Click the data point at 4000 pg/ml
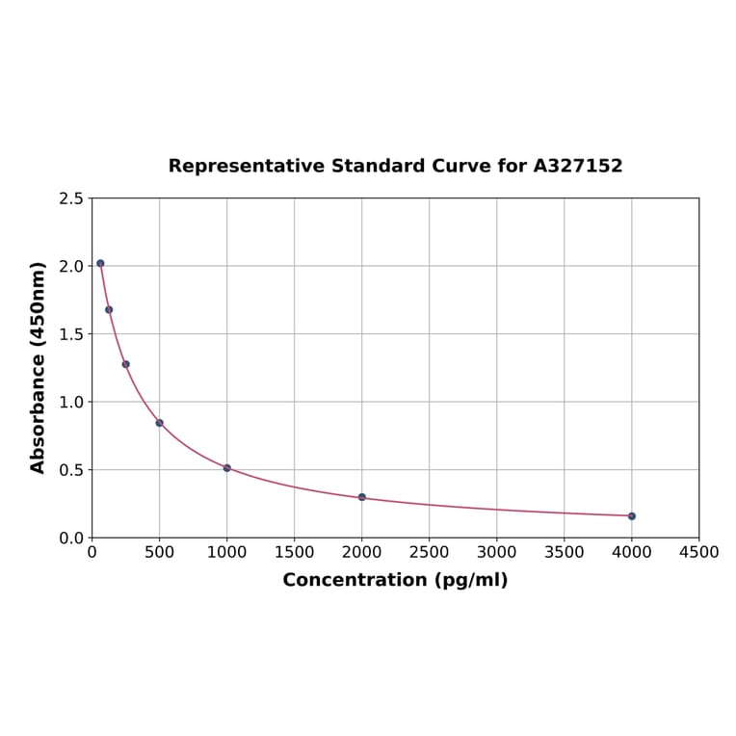pos(632,516)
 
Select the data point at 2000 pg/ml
pos(362,497)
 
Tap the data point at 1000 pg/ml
pos(227,468)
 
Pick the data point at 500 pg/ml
pos(160,423)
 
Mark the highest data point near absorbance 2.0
pos(100,263)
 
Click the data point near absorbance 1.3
pos(126,364)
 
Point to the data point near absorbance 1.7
pos(109,309)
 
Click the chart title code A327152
pos(578,166)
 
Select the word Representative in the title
pos(247,166)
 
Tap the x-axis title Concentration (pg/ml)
pos(395,580)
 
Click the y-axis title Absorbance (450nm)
pos(39,367)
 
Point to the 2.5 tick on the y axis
pos(71,198)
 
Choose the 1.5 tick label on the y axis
pos(71,334)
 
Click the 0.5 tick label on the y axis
pos(71,470)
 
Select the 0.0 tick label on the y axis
pos(71,538)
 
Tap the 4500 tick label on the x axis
pos(698,552)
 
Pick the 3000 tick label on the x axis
pos(496,552)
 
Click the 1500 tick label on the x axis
pos(294,552)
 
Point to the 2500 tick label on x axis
pos(429,552)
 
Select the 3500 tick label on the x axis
pos(564,552)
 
